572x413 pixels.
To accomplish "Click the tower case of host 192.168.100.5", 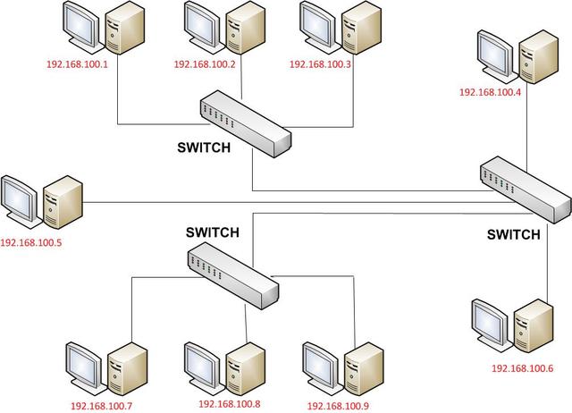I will [64, 203].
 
